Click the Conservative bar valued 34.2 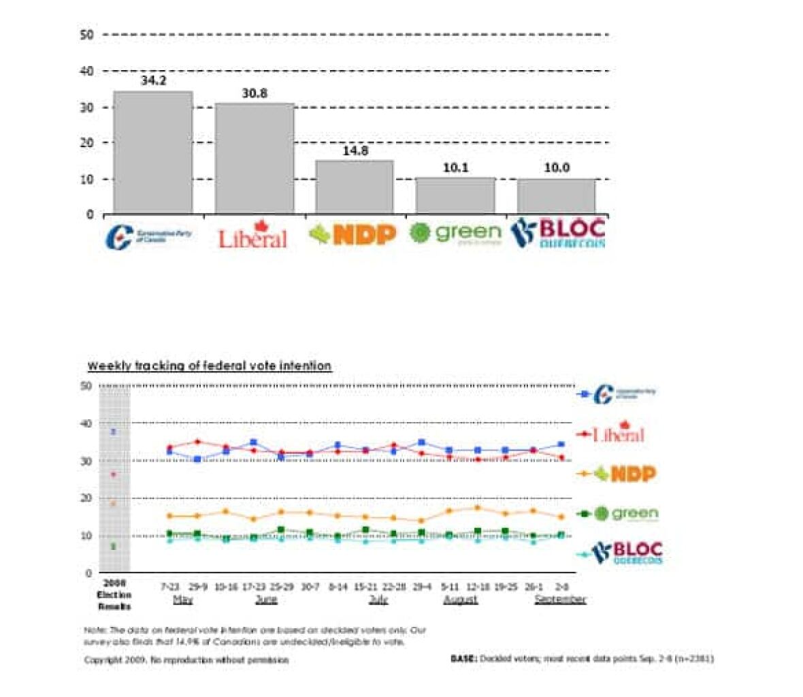[152, 152]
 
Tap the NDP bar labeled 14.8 [355, 187]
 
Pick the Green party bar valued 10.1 [455, 195]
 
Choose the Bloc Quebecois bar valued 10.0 [556, 196]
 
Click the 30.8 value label [255, 93]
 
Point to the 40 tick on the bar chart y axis [86, 71]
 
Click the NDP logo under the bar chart [353, 235]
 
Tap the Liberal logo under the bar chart [252, 236]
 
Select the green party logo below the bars [455, 233]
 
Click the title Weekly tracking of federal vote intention [209, 366]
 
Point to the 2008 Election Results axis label [114, 595]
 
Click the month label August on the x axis [460, 600]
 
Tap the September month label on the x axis [560, 600]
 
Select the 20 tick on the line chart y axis [86, 498]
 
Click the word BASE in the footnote [463, 659]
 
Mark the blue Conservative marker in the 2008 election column [114, 432]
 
